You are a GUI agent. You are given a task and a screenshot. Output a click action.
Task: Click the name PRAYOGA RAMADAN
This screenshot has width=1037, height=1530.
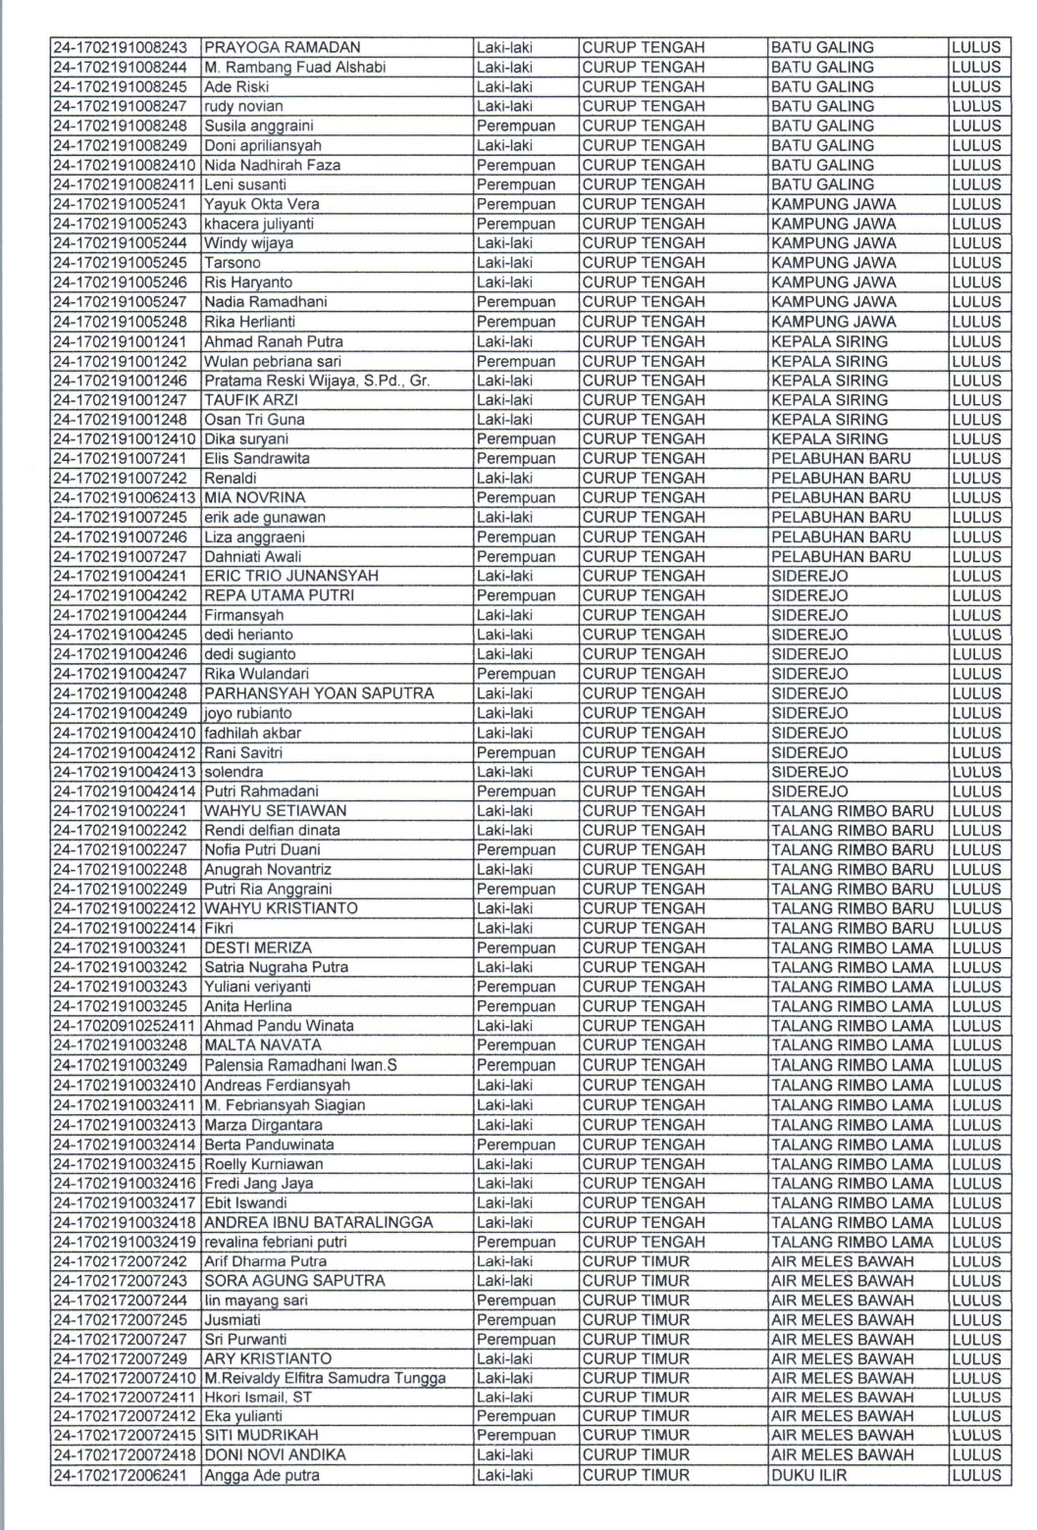click(x=283, y=47)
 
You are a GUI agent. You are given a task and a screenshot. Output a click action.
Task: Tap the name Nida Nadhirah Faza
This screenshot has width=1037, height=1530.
click(x=273, y=165)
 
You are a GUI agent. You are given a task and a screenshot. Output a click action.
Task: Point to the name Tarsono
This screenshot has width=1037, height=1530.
click(x=233, y=263)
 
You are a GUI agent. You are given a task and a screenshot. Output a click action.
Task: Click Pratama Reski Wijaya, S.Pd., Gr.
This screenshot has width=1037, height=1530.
click(x=317, y=381)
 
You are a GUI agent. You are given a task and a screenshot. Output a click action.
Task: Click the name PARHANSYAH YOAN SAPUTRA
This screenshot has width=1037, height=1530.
click(x=319, y=693)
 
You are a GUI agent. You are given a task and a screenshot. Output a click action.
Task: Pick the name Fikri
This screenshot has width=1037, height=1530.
click(x=219, y=928)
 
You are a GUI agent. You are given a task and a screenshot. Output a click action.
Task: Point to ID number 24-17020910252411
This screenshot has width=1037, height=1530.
click(x=124, y=1026)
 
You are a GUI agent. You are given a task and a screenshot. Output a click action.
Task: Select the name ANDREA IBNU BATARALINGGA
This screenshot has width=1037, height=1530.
click(x=319, y=1222)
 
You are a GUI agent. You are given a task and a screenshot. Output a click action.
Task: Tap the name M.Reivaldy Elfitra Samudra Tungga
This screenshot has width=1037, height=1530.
click(x=325, y=1378)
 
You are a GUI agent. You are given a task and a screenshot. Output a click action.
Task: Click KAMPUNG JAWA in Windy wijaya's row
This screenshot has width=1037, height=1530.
click(x=834, y=243)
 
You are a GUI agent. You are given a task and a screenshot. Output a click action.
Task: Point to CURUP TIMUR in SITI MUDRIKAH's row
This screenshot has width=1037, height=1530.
click(x=637, y=1436)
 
